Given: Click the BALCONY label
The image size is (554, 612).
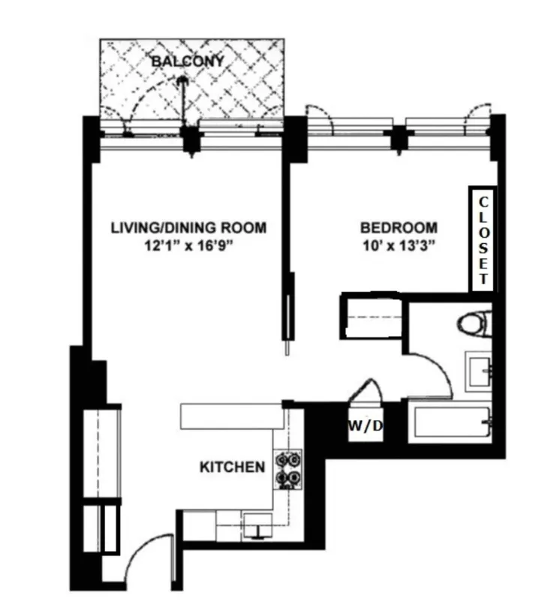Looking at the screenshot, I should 187,61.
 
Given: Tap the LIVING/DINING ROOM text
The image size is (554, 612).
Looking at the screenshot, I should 188,227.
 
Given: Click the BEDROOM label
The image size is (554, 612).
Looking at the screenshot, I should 399,227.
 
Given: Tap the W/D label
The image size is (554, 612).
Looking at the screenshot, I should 366,426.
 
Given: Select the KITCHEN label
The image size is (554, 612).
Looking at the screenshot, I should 232,467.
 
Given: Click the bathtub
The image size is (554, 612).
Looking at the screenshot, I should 450,423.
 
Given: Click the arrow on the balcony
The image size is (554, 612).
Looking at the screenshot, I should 182,94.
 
